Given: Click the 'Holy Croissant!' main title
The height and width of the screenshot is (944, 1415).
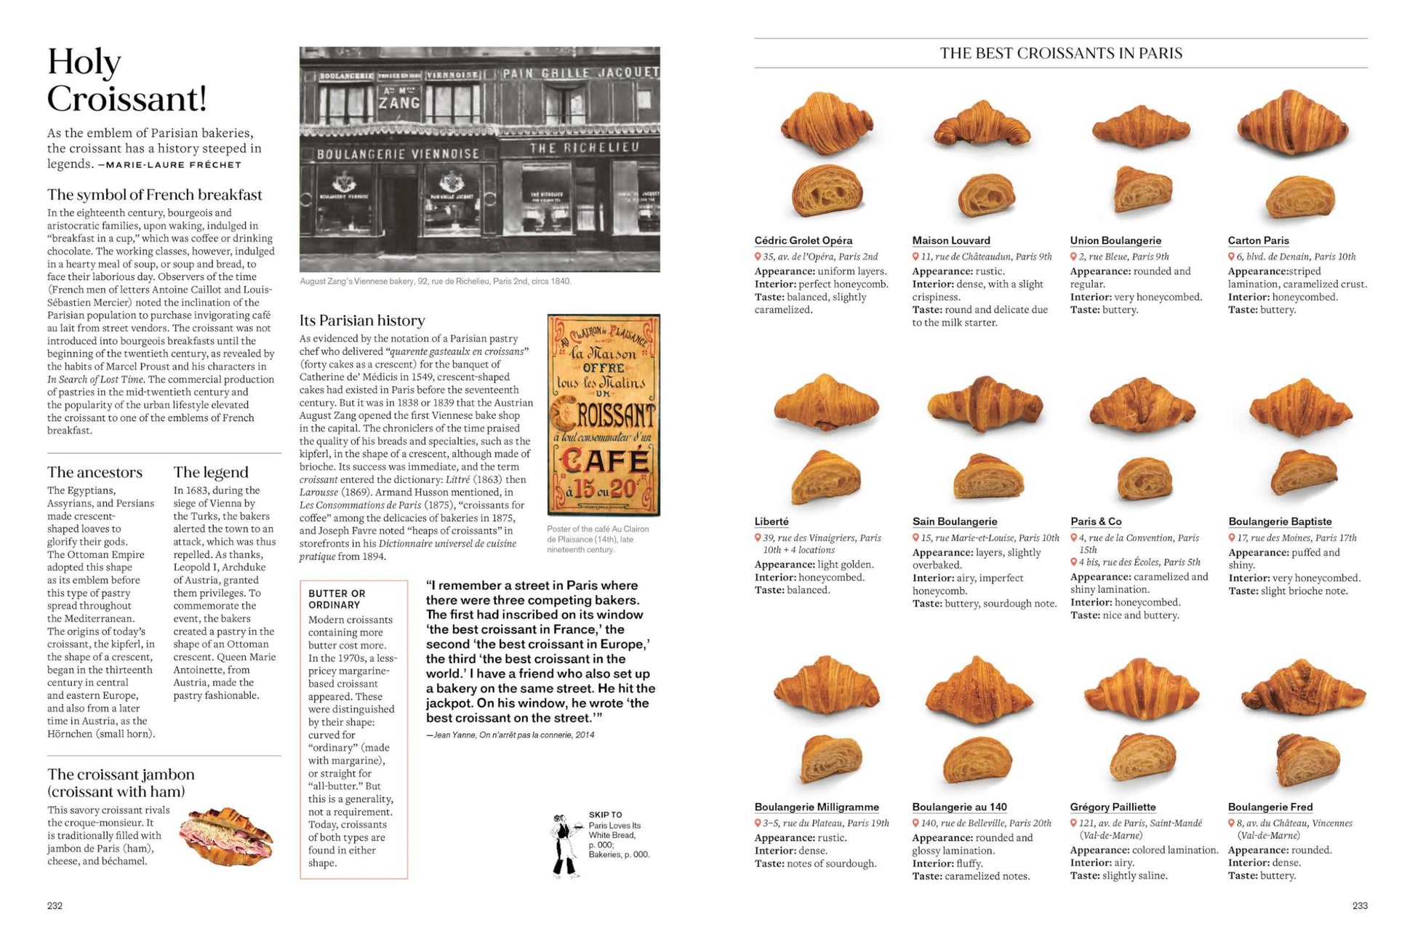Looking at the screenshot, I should (127, 81).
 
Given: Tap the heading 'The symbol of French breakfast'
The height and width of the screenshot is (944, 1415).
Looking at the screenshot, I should (154, 195).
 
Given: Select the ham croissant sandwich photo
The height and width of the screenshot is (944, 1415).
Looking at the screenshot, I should (230, 836).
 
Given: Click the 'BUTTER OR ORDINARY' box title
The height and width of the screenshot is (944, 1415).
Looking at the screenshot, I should (337, 599).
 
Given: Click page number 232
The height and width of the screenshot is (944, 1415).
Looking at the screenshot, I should (55, 905).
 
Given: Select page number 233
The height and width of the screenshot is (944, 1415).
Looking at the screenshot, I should (1360, 905).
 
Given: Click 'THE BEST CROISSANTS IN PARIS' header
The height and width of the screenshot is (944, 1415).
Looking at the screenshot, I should (1061, 53).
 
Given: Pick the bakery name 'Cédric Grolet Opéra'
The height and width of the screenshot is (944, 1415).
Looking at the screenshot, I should (803, 241).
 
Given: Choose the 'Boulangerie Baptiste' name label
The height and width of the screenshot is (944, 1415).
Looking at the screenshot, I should (1280, 521).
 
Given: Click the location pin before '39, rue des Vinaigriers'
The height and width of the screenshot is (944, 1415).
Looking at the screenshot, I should (758, 538).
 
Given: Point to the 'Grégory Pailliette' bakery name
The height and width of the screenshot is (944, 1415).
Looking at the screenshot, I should (1113, 807).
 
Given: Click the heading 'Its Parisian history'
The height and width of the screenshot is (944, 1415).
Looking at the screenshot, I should (362, 321).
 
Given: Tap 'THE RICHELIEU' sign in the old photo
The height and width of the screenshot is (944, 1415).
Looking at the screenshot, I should (584, 148).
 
